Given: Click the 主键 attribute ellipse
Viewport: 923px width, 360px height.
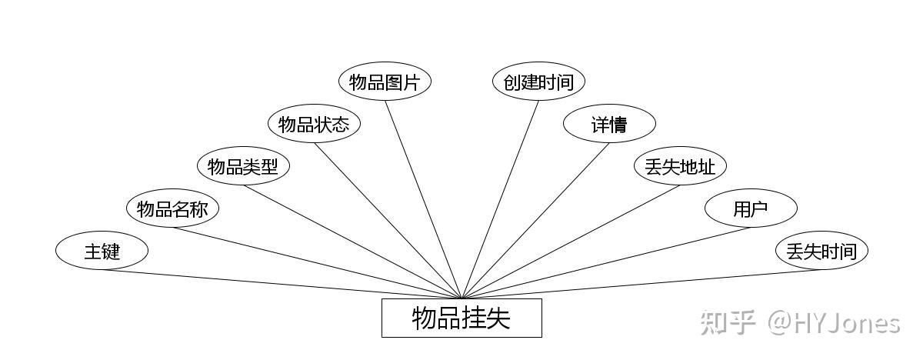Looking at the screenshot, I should pos(102,251).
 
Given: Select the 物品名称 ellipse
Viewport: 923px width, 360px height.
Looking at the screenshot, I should pos(172,208).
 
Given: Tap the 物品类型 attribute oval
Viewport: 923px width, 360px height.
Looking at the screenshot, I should pos(243,166).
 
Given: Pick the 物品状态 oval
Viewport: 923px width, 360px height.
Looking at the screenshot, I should pos(314,124).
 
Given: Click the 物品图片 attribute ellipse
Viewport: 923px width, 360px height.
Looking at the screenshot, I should pos(385,82).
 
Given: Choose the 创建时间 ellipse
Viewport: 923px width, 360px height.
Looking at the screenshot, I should pos(538,82).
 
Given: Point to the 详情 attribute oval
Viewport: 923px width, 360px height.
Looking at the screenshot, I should pos(609,124).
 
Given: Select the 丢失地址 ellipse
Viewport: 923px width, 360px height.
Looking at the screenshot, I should pos(680,166).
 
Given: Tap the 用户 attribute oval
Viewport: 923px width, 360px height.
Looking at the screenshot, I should pos(751,208).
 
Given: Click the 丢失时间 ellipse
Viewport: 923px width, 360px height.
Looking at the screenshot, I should pos(821,251).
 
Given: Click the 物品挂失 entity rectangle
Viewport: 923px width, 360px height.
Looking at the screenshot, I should pos(461,318).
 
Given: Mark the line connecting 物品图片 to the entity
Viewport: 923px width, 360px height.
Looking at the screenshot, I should pos(423,198).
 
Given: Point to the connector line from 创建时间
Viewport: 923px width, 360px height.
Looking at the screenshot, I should pos(500,198).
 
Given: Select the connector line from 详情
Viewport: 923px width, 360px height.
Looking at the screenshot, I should pos(535,220).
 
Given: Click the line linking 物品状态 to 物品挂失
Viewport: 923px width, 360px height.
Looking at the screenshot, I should pos(388,220).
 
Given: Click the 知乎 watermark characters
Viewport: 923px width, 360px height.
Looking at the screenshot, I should pos(726,322).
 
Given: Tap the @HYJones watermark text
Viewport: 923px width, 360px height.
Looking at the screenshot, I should pos(835,322).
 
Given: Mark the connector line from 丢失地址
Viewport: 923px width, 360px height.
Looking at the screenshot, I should pos(571,242).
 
